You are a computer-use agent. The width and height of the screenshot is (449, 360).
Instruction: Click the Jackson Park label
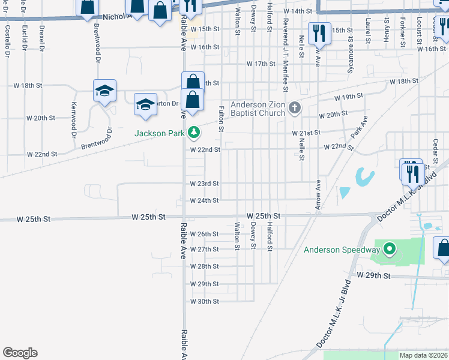click(159, 133)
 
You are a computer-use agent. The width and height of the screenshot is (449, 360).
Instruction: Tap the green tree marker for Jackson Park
click(193, 132)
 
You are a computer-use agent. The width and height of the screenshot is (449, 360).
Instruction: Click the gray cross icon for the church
click(294, 108)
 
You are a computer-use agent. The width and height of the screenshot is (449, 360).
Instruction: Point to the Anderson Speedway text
click(342, 250)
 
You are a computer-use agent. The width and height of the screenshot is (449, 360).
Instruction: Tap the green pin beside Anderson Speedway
click(389, 248)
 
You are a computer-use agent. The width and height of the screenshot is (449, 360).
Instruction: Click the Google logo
click(20, 353)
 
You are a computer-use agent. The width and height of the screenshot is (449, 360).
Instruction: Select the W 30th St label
click(205, 301)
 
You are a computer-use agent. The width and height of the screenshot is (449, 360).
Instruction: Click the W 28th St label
click(205, 266)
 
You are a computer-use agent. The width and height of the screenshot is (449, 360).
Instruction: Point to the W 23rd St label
click(205, 184)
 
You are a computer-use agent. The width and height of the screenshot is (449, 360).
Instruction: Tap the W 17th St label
click(261, 64)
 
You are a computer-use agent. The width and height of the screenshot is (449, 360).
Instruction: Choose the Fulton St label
click(221, 119)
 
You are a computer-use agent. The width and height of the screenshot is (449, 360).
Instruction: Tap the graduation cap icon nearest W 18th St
click(104, 91)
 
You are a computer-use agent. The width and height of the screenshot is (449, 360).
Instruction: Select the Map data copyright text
click(424, 355)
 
